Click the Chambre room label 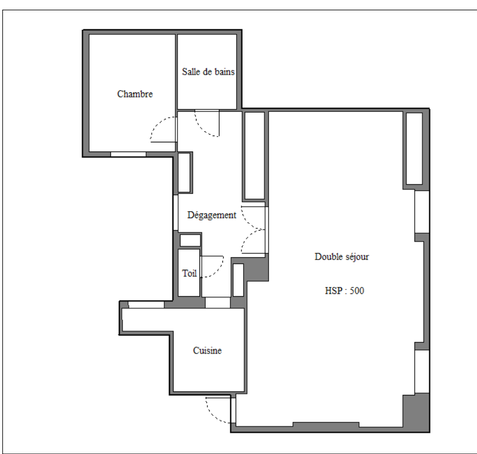click(x=134, y=94)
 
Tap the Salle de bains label click(x=209, y=72)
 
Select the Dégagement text click(x=211, y=215)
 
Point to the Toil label click(x=189, y=274)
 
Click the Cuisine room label click(x=207, y=350)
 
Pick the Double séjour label click(x=341, y=257)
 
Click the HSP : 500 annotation click(x=344, y=291)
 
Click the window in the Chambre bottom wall click(x=128, y=154)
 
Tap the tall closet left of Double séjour click(x=255, y=156)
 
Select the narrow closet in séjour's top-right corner click(x=414, y=148)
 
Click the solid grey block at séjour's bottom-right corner click(x=416, y=412)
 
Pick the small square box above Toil click(x=190, y=240)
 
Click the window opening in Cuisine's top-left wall click(x=146, y=305)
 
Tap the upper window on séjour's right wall click(x=422, y=212)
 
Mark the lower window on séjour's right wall click(x=422, y=371)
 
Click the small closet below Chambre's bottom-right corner click(x=184, y=173)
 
